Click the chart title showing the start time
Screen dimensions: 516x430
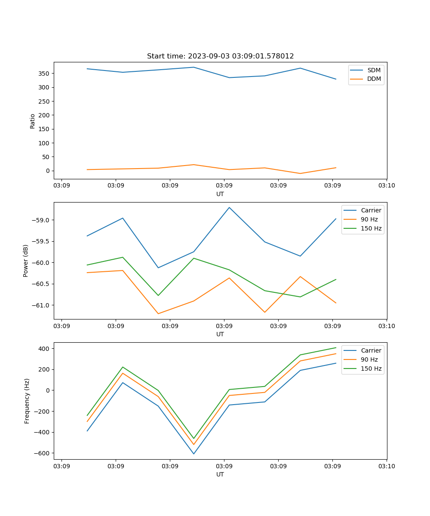click(x=220, y=56)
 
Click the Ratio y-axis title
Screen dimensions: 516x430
click(x=33, y=121)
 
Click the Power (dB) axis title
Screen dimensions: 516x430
click(x=26, y=261)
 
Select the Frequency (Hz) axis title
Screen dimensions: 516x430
click(x=27, y=401)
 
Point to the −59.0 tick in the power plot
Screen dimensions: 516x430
click(x=42, y=220)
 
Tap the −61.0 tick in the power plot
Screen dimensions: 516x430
click(x=42, y=305)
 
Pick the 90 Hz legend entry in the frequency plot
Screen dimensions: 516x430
click(x=369, y=359)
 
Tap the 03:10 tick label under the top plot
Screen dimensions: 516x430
click(x=386, y=186)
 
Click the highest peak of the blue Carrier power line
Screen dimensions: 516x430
click(x=229, y=207)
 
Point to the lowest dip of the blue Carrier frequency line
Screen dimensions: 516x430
click(x=193, y=454)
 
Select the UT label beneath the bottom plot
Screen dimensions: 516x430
click(x=220, y=474)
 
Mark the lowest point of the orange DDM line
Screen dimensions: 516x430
click(x=300, y=173)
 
